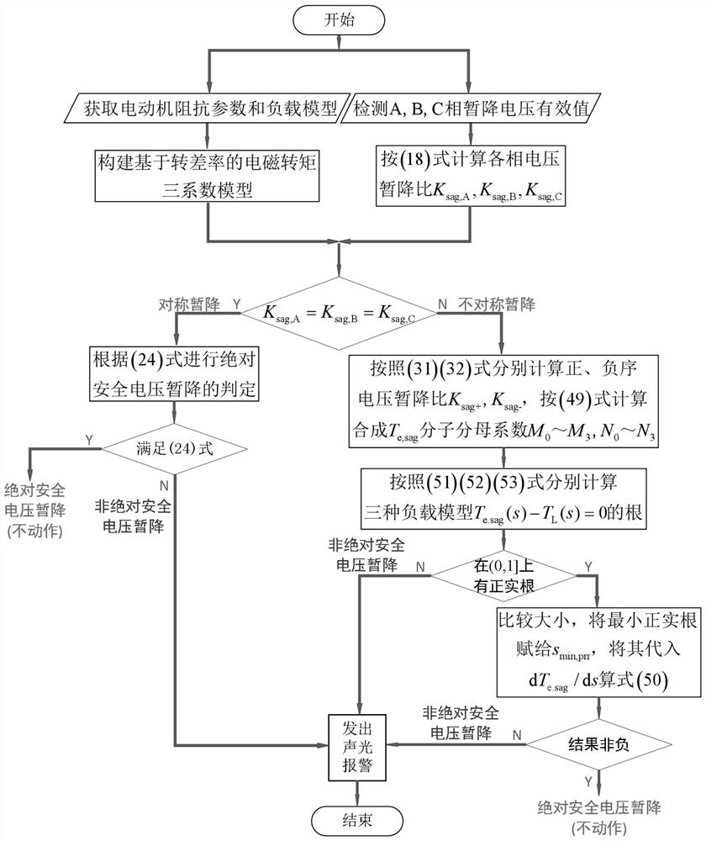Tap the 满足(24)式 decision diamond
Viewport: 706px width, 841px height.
(174, 447)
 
